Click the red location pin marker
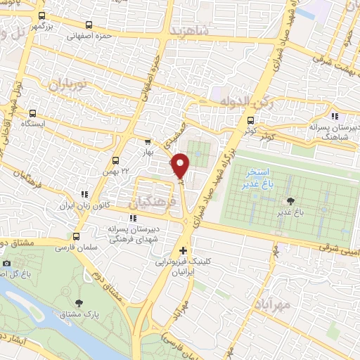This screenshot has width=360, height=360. (181, 165)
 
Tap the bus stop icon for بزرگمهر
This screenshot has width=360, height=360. (41, 15)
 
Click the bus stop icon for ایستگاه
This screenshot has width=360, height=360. (33, 113)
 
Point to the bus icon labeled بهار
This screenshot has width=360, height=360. (147, 141)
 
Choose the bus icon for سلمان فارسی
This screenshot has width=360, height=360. (77, 237)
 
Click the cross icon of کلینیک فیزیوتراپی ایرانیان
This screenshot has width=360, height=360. (183, 250)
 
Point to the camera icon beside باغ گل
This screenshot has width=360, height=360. (6, 263)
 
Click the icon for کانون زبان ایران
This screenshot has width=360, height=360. (84, 193)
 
